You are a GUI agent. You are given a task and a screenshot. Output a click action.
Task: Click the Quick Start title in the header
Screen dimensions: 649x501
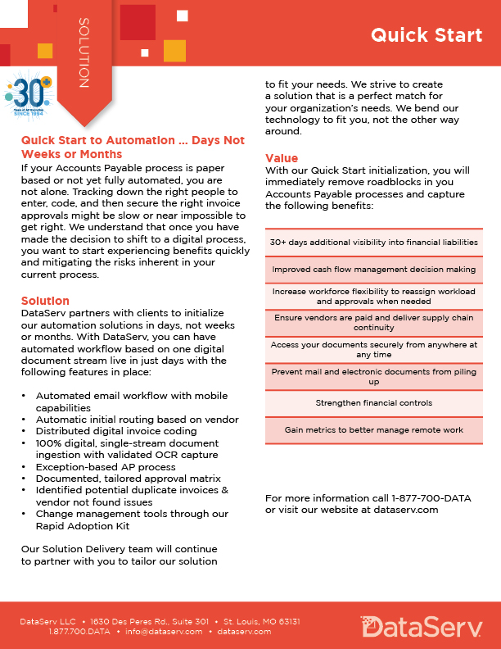coord(426,35)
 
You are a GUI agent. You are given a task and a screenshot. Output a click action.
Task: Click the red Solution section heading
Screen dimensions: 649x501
coord(45,301)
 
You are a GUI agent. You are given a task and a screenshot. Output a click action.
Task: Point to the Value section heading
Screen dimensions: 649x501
coord(282,158)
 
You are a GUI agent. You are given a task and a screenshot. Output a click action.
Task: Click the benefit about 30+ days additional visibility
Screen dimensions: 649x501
coord(373,243)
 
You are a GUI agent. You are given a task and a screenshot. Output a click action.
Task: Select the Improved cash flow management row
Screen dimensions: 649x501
coord(373,269)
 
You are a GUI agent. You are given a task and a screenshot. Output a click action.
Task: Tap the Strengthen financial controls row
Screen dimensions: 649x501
coord(373,403)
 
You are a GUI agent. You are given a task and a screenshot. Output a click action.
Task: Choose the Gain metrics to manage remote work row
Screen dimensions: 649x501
coord(373,429)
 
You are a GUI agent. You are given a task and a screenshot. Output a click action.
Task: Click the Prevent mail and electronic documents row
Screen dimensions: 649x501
coord(373,376)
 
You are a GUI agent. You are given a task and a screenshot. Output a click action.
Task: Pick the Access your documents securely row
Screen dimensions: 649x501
coord(373,349)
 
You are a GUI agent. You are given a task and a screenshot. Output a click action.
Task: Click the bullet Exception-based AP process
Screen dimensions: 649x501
coord(105,466)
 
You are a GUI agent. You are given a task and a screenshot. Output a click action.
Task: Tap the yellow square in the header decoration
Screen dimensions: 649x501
coord(174,51)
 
